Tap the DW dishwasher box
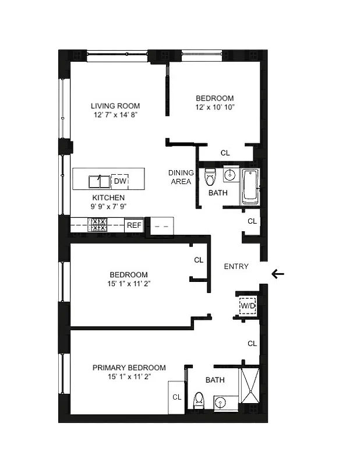(x=119, y=181)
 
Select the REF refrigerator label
(x=134, y=224)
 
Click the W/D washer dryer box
(x=249, y=306)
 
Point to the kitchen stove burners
(x=97, y=224)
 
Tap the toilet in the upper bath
(x=210, y=176)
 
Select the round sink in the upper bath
(x=230, y=175)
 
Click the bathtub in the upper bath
(x=250, y=186)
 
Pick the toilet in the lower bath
(x=199, y=401)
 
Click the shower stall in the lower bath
(x=251, y=387)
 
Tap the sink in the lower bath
(x=220, y=401)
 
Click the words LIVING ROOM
(x=115, y=106)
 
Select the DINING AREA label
(x=180, y=177)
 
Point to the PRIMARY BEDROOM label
(x=129, y=368)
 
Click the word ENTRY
(x=237, y=266)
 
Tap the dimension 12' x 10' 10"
(x=214, y=107)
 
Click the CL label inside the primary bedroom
(x=177, y=397)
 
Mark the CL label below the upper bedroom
(x=225, y=153)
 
